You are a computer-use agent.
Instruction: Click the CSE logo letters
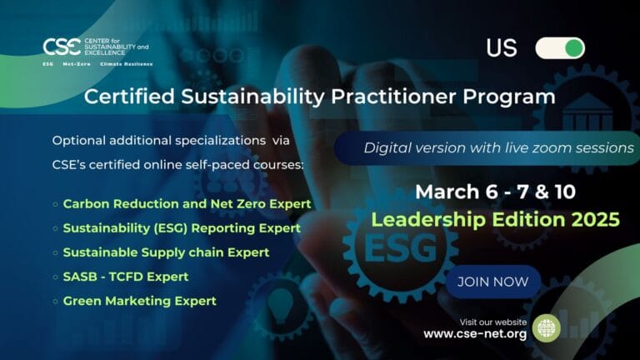[60, 47]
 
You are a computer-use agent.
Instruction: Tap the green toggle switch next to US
[560, 47]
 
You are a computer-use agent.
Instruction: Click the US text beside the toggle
[502, 48]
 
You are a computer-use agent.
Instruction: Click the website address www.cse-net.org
[475, 334]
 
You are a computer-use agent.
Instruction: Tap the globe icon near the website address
[546, 327]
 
